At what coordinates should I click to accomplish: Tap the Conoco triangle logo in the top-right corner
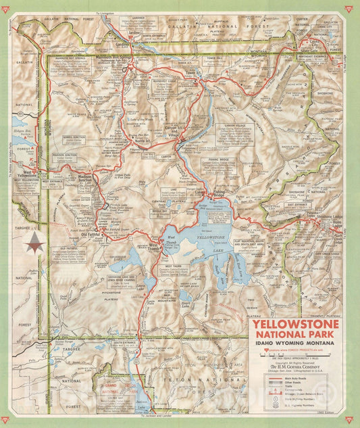tap(348, 9)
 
